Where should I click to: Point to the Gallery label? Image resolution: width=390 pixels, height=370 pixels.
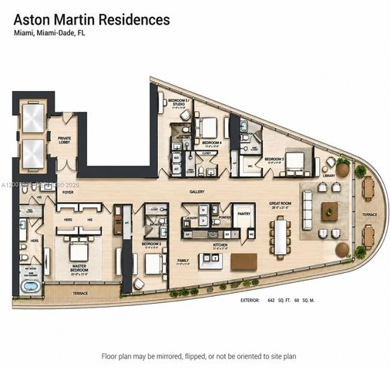(x=197, y=190)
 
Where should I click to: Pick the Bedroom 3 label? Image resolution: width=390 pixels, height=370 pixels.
(x=276, y=160)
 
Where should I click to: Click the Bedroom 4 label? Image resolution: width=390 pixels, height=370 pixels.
(x=211, y=143)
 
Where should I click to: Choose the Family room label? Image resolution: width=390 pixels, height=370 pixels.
(x=183, y=261)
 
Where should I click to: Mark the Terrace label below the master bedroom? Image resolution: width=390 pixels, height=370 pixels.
(x=79, y=294)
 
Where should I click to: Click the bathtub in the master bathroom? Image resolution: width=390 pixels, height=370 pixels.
(x=30, y=288)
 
